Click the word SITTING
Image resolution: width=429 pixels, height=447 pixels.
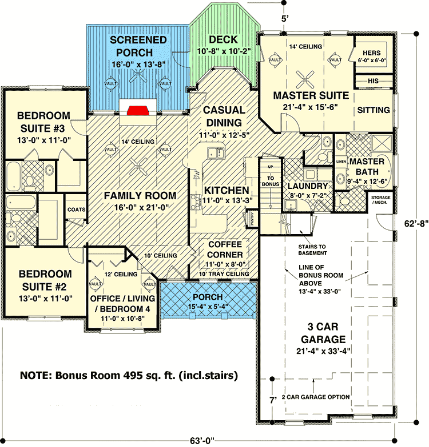pos(374,110)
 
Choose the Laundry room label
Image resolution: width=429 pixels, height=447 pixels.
pos(307,187)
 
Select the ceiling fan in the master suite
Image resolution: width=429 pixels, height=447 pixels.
pos(307,73)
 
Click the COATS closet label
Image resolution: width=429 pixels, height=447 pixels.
pos(76,210)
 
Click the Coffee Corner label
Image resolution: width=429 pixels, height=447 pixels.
pos(224,249)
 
